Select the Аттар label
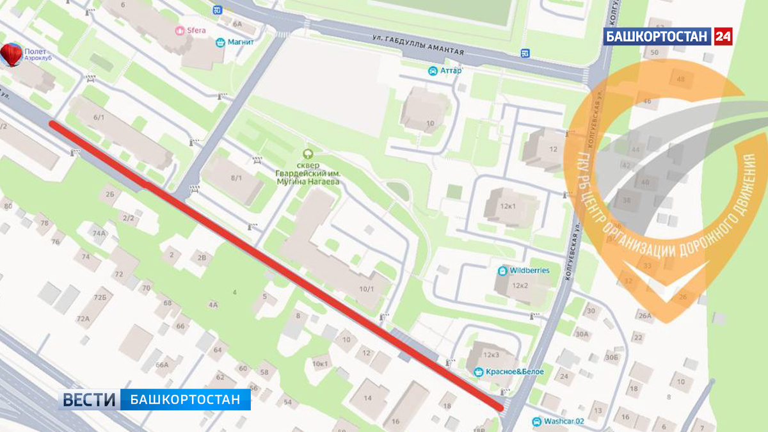click(x=451, y=70)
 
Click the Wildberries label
click(x=529, y=271)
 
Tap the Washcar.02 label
click(x=563, y=422)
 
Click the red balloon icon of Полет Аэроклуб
click(x=11, y=54)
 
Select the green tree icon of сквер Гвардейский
click(x=308, y=154)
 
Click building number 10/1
click(x=367, y=289)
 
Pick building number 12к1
click(x=508, y=206)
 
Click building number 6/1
click(x=99, y=116)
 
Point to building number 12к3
click(x=492, y=355)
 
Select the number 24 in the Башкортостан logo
click(x=723, y=36)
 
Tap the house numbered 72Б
click(x=99, y=298)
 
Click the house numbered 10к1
click(x=320, y=364)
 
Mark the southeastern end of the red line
click(x=500, y=406)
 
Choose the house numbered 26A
click(x=644, y=316)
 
